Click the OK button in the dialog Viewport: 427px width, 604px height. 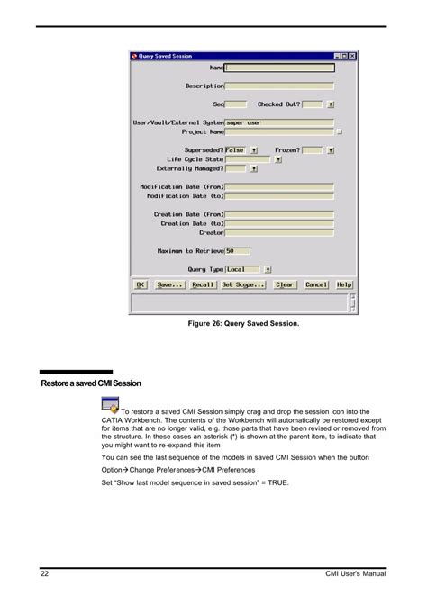[x=141, y=284]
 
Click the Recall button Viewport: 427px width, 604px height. [x=203, y=284]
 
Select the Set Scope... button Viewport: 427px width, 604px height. [x=243, y=284]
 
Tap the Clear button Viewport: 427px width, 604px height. [x=285, y=284]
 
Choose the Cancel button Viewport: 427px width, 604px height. [x=316, y=284]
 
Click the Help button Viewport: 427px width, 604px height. [x=344, y=284]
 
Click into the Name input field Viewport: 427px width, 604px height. [x=279, y=67]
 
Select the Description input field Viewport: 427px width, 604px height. [x=279, y=86]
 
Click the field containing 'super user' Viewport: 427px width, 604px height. [x=279, y=122]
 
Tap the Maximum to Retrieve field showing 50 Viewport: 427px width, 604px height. [x=238, y=251]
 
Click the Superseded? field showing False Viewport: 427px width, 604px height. [x=235, y=150]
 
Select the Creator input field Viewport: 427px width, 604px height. [x=279, y=232]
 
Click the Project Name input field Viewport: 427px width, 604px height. [x=279, y=131]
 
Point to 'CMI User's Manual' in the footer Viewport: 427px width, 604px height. [x=356, y=573]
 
